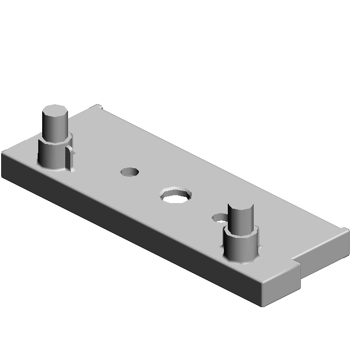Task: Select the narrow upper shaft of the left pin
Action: click(x=54, y=126)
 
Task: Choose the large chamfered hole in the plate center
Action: click(x=176, y=196)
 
